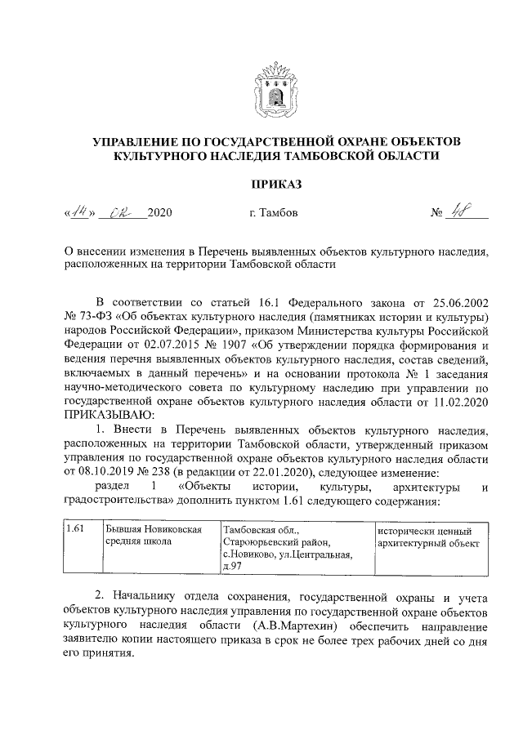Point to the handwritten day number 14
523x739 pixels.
point(79,212)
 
